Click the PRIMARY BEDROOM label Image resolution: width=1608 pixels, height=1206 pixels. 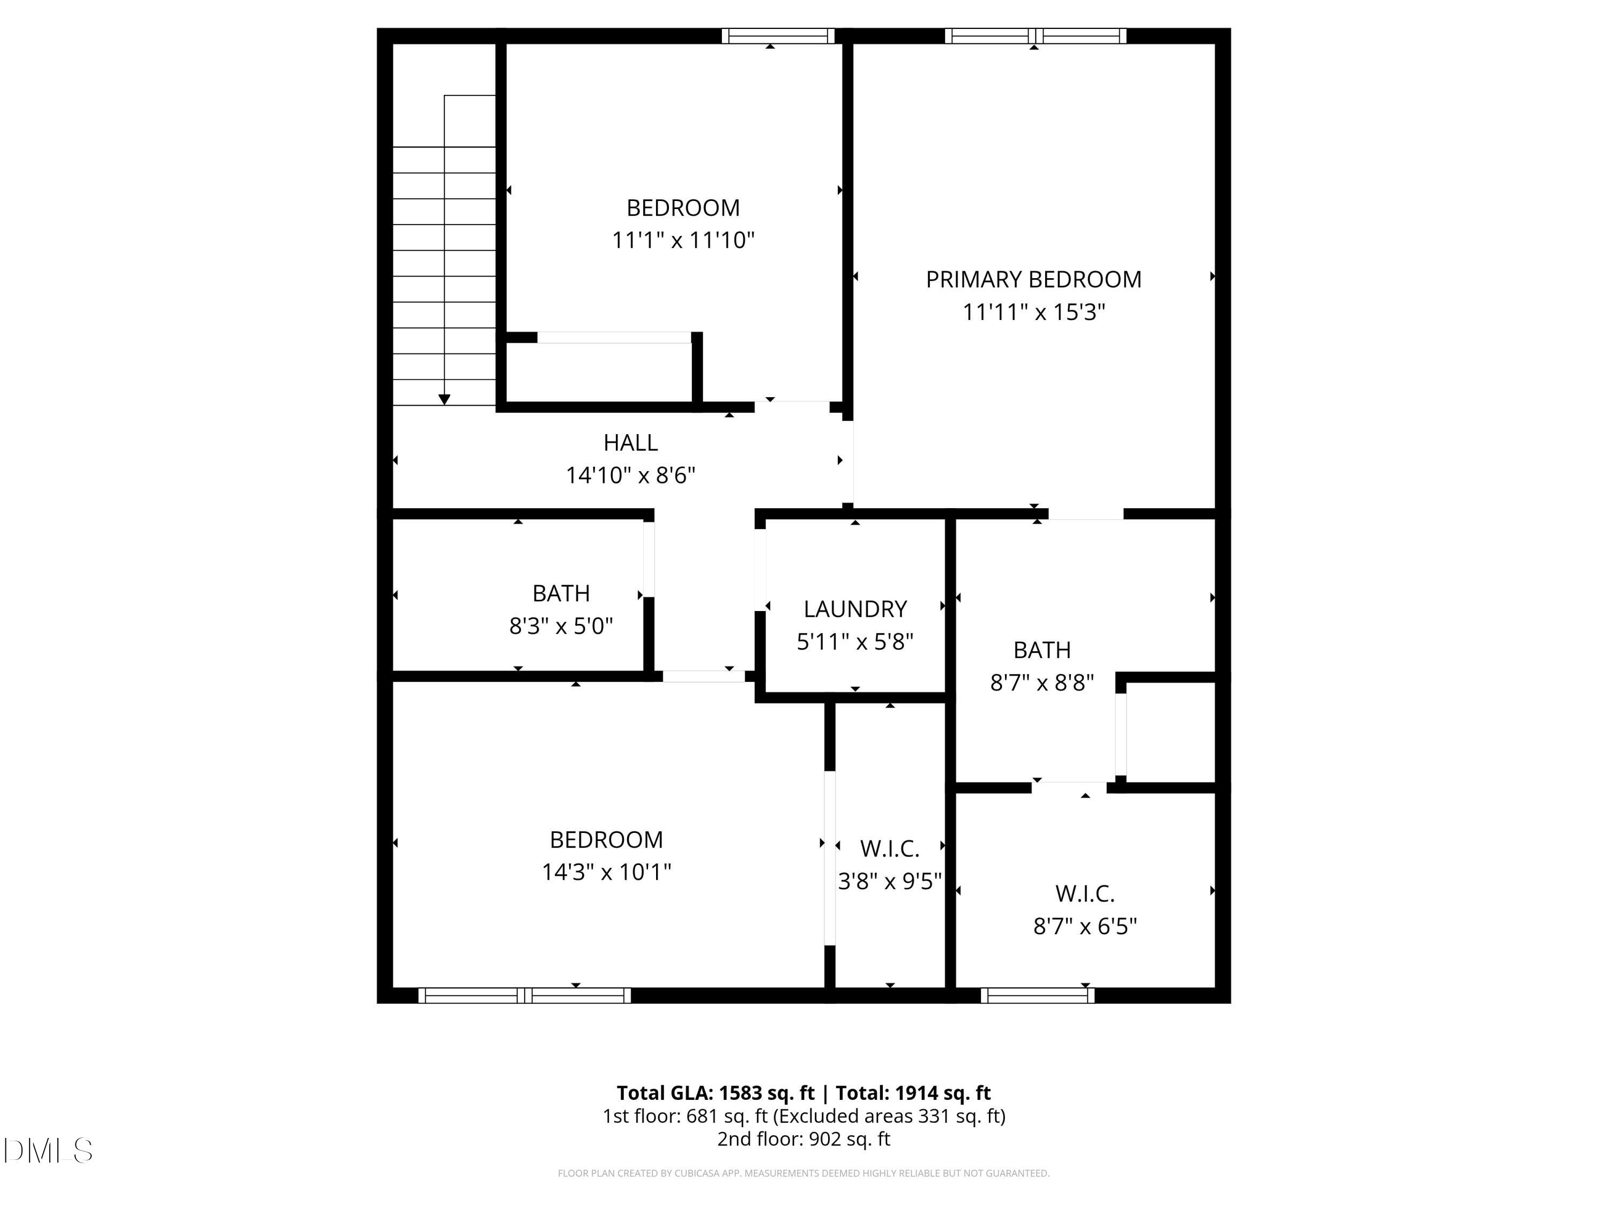click(1033, 279)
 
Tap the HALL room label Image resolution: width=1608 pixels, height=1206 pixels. click(630, 442)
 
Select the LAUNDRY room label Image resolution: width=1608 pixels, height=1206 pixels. click(855, 608)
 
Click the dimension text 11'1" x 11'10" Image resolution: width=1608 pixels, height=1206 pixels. click(683, 240)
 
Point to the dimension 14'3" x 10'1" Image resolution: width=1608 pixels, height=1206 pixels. click(606, 872)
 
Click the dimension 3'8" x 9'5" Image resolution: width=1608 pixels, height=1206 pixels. click(890, 881)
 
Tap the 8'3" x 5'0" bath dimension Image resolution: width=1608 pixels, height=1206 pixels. click(561, 626)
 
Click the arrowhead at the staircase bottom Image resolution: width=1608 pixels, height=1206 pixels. click(444, 399)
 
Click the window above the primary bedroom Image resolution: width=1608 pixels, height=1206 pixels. click(1035, 35)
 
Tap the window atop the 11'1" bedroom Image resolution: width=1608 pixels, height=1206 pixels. click(778, 35)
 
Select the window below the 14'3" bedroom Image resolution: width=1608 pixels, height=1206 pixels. click(524, 995)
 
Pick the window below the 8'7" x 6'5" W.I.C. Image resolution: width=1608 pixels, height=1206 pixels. click(1037, 995)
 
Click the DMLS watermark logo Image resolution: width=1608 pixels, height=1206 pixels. click(48, 1151)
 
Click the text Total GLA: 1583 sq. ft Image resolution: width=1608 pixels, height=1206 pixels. click(716, 1092)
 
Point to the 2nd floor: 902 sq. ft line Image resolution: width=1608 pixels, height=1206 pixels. click(803, 1138)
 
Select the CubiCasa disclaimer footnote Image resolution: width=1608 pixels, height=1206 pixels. click(803, 1173)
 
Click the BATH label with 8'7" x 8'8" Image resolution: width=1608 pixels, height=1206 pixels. click(1041, 650)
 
